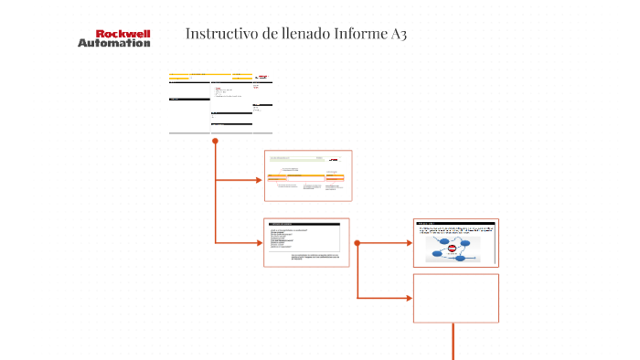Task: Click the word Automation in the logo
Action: coord(113,43)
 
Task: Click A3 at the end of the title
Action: coord(398,34)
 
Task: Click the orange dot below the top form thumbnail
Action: coord(215,141)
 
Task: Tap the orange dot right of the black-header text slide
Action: coord(357,243)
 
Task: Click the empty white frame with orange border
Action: coord(455,298)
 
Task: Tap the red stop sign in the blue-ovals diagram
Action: coord(452,248)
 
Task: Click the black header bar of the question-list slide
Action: coord(303,224)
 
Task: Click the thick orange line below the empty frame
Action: coord(453,343)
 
